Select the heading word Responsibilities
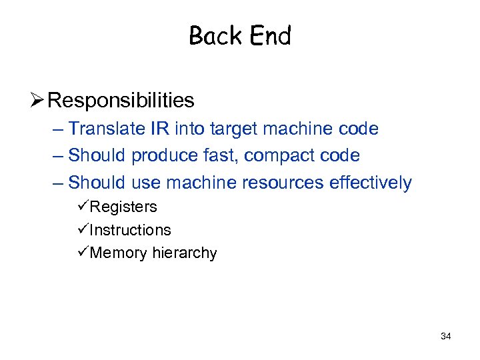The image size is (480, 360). click(121, 101)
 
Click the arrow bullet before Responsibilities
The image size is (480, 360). click(37, 101)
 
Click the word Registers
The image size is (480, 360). click(123, 207)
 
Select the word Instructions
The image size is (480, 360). click(130, 230)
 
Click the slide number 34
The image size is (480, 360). click(446, 336)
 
